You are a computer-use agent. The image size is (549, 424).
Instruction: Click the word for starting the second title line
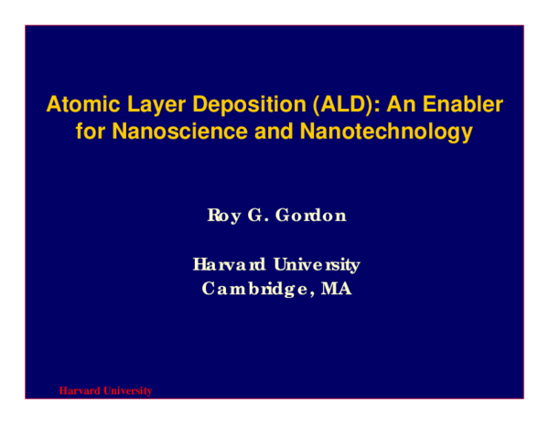click(90, 131)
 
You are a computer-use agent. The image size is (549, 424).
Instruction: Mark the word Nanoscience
click(169, 131)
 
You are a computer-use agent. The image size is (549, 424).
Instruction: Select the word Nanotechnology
click(375, 131)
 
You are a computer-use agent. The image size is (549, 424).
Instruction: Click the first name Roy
click(225, 216)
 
